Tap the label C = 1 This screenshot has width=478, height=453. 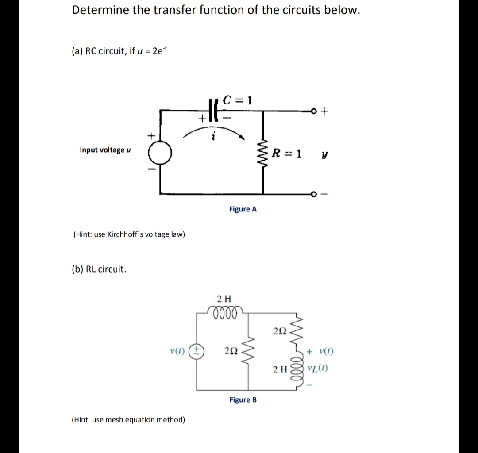click(x=238, y=100)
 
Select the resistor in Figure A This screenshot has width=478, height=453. click(x=263, y=153)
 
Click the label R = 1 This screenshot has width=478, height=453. click(x=287, y=154)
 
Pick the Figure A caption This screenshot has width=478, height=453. click(x=243, y=209)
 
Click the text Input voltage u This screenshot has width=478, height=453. click(x=105, y=150)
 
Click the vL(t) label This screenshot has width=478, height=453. click(x=320, y=369)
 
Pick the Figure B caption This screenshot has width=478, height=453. click(x=243, y=400)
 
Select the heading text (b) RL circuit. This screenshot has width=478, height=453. click(x=99, y=269)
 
